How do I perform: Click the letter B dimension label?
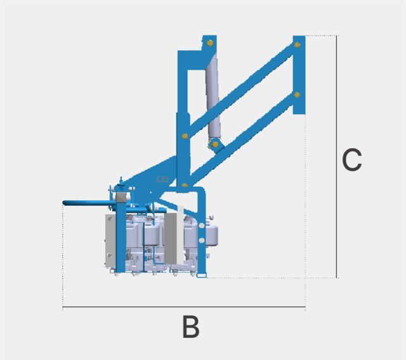point(191,326)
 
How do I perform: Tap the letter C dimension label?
point(352,160)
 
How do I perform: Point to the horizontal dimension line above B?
point(184,307)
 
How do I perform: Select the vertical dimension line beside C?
point(337,157)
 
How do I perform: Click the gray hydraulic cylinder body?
point(214,97)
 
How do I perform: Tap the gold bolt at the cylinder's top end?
point(210,43)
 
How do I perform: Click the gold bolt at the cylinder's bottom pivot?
point(215,145)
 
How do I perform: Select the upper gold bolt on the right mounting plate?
point(298,45)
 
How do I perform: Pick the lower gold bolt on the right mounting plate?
point(298,95)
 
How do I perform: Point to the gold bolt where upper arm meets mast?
point(185,136)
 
